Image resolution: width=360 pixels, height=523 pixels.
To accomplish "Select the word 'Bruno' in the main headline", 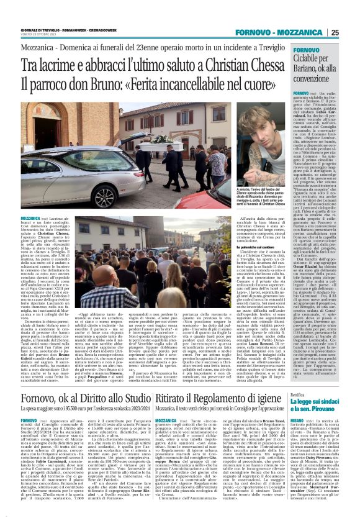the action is (108, 84).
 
